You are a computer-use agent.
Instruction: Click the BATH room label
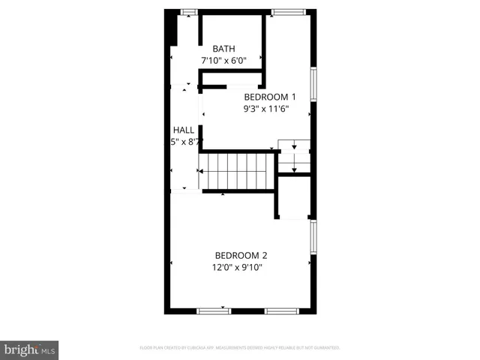223,49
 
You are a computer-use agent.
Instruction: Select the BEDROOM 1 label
270,97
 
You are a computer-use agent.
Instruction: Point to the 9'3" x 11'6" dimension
265,109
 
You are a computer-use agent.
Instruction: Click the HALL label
184,130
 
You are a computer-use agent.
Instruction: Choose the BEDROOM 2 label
241,255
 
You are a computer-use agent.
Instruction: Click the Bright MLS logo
30,349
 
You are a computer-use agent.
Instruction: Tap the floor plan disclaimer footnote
240,348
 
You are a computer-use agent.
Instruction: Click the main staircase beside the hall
237,172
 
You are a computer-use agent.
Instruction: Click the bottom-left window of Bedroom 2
213,310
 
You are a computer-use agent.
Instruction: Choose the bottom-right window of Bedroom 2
282,310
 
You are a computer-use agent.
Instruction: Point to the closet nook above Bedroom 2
294,198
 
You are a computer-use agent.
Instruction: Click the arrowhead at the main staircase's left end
199,172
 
